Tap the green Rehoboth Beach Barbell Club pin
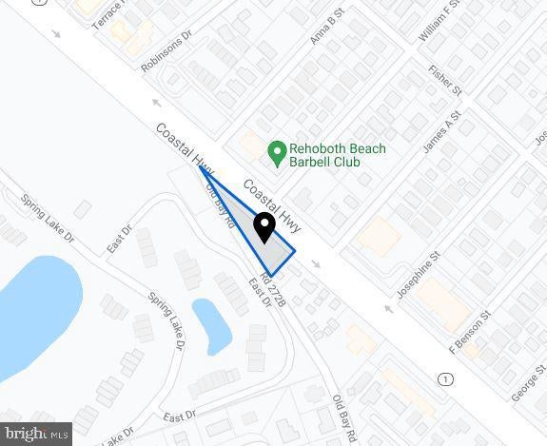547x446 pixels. (277, 150)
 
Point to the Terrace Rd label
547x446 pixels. (108, 13)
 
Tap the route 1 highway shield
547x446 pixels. (445, 379)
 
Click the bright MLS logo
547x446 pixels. (36, 435)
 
